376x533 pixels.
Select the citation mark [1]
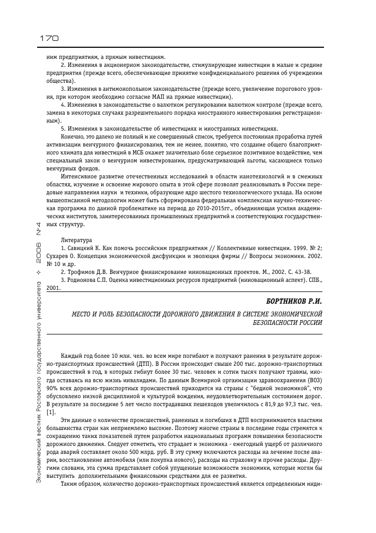(50, 412)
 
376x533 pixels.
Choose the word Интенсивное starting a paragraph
(80, 175)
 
